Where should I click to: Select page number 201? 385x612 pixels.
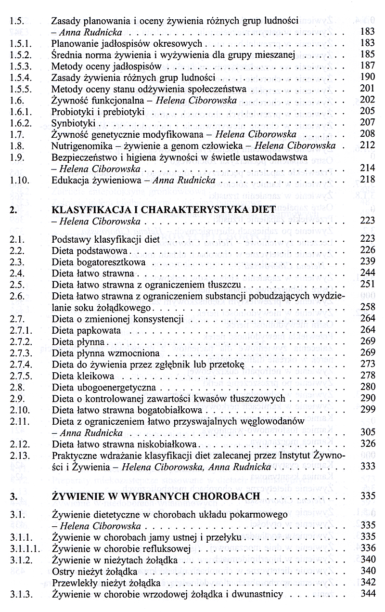pos(367,89)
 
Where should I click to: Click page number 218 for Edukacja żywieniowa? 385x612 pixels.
pos(367,180)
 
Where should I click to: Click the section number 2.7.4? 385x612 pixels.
pos(20,364)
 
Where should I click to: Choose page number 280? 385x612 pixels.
pos(367,387)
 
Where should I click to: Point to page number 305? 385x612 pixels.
pos(367,432)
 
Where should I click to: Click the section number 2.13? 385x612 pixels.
pos(19,455)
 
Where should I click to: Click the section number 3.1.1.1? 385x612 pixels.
pos(24,548)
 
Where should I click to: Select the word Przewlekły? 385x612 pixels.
pos(74,583)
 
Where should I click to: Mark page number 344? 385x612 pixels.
pos(367,594)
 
